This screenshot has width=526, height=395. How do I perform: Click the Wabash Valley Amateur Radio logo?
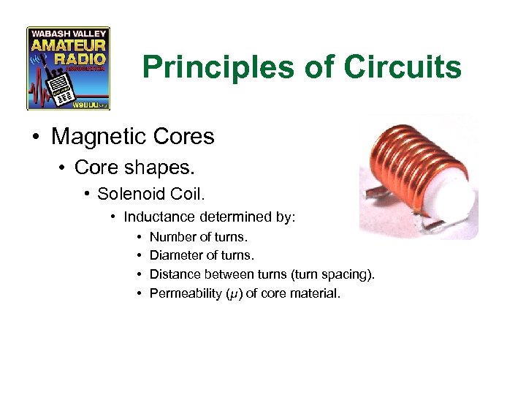click(68, 68)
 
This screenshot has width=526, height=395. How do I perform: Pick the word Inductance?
click(159, 217)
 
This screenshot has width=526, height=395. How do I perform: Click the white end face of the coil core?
click(451, 201)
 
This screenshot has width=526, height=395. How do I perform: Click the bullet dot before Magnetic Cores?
click(37, 138)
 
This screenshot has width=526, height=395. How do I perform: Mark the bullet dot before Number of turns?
click(138, 237)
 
